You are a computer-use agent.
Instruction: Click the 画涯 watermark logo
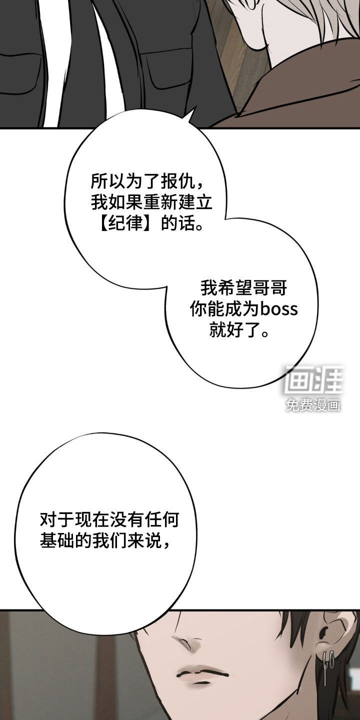[x=313, y=379]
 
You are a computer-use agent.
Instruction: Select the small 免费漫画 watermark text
[x=313, y=405]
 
